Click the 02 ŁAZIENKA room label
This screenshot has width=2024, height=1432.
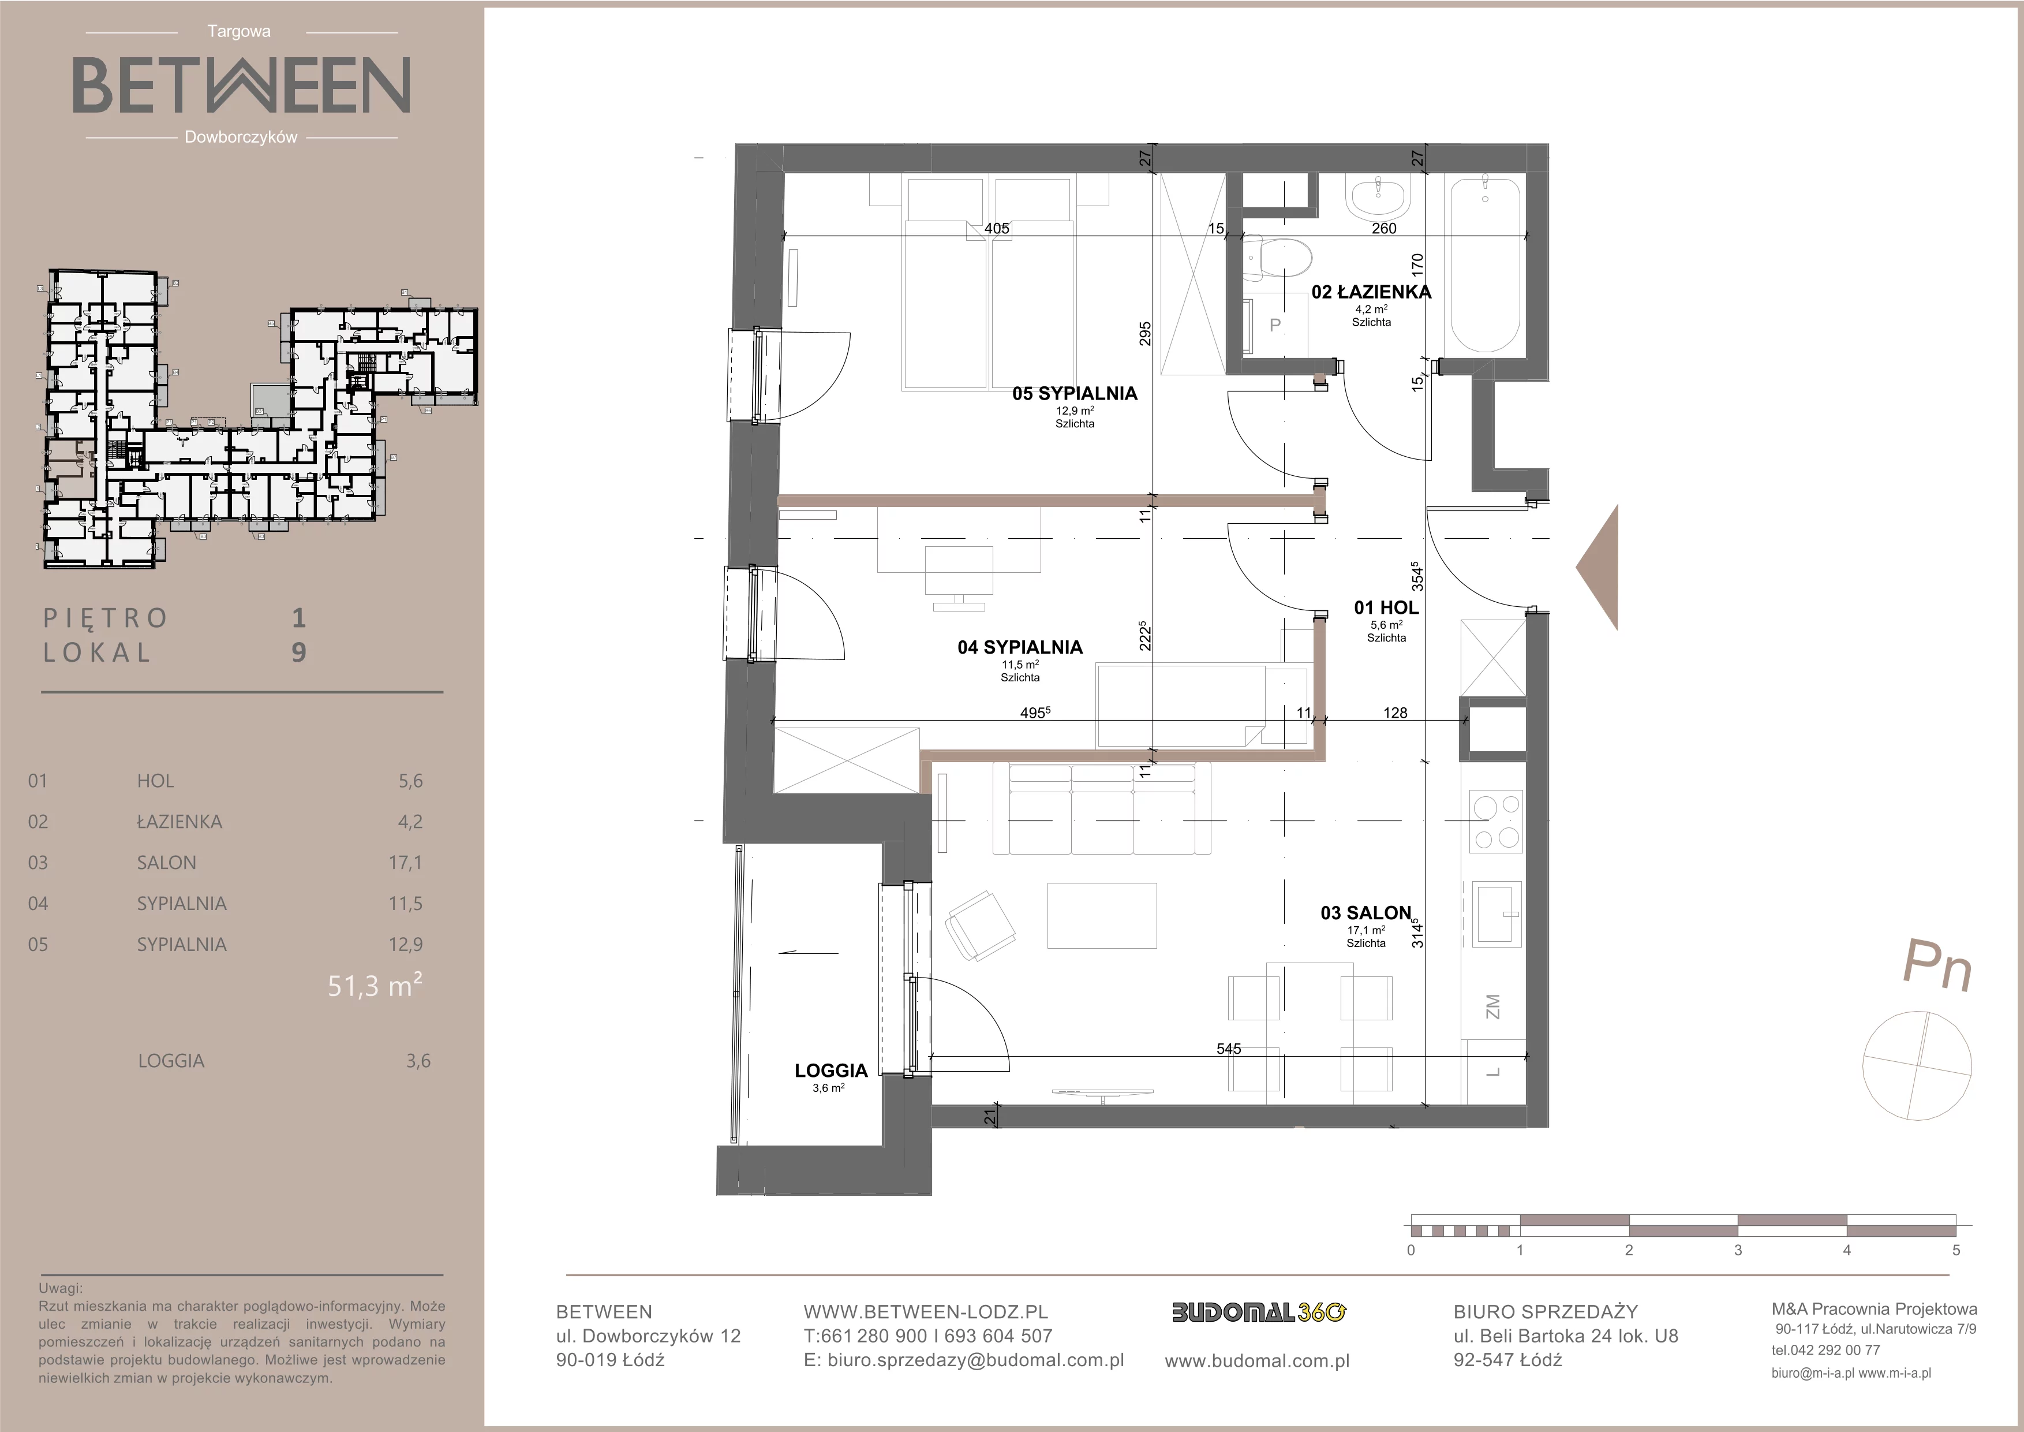click(1371, 292)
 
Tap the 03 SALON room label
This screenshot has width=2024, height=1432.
click(1365, 913)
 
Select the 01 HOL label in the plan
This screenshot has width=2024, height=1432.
click(1386, 607)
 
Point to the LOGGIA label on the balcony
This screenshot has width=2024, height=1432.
click(831, 1071)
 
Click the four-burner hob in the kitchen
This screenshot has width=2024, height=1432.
click(1495, 820)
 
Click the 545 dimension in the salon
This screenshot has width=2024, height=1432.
click(1228, 1049)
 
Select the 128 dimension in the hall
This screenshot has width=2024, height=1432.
click(1396, 713)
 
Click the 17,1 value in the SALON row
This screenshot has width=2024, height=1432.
click(406, 862)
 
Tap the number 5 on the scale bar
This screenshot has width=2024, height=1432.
click(1956, 1250)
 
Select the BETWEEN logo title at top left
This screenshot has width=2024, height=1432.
click(241, 85)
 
